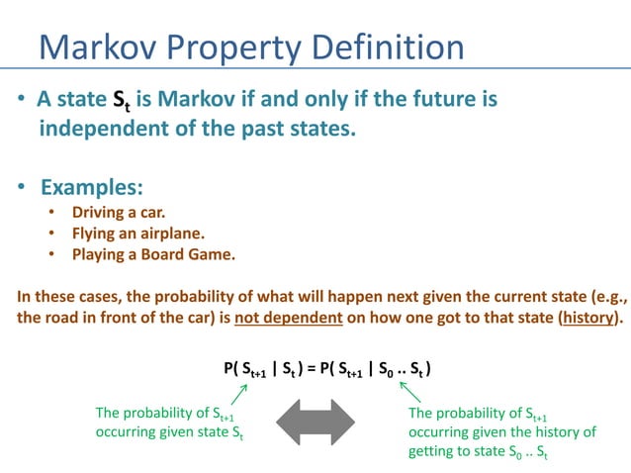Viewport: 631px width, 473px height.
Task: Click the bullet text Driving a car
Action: (119, 213)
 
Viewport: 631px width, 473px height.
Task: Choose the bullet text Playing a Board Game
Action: (152, 254)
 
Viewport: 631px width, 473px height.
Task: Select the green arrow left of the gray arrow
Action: (236, 396)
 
